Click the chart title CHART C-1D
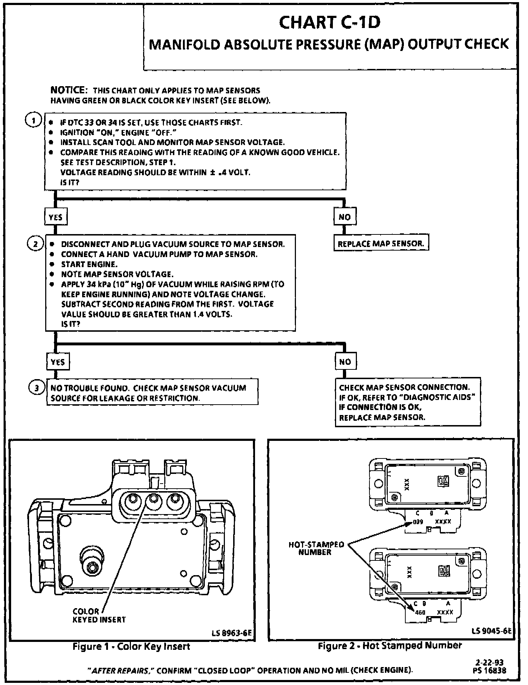point(329,23)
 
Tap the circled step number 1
point(34,121)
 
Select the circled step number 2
point(36,244)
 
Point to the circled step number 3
point(37,388)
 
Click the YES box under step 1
point(56,217)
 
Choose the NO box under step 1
point(344,216)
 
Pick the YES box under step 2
point(58,362)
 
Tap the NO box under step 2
point(345,362)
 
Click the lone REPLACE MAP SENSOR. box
point(381,244)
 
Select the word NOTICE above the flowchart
point(68,90)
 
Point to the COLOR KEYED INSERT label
point(99,615)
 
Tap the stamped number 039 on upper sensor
point(418,522)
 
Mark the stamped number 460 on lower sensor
point(420,612)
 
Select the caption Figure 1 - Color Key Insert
point(131,647)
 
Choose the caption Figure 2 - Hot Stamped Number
point(390,646)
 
